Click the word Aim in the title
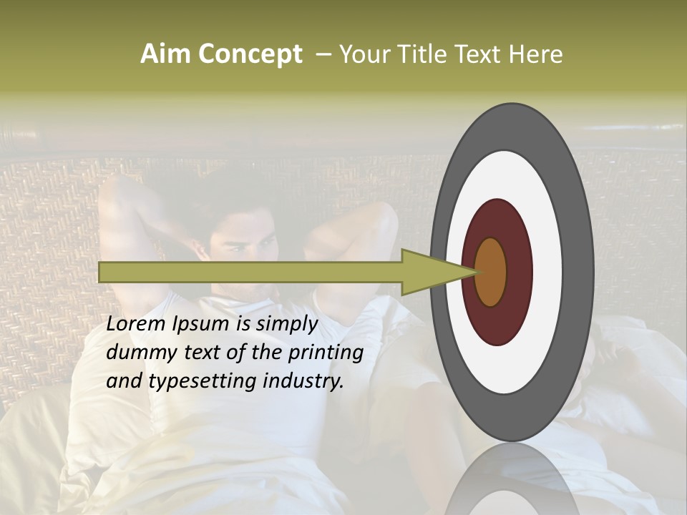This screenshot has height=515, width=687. (164, 54)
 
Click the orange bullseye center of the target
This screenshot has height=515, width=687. (490, 272)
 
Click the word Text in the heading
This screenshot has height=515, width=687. (477, 54)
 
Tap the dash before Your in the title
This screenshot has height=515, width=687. (323, 54)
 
